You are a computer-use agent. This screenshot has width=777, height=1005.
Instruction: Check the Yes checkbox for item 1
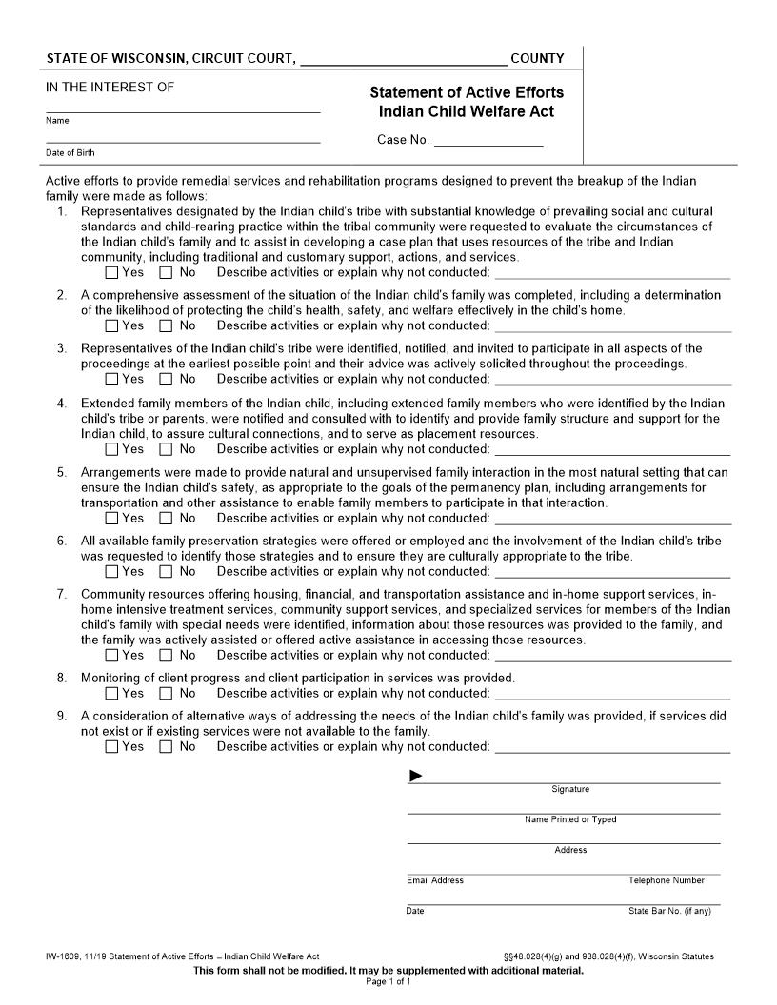pos(112,273)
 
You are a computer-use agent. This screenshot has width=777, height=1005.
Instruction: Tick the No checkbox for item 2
pos(167,326)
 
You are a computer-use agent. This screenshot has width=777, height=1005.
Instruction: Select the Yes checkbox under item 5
pos(112,519)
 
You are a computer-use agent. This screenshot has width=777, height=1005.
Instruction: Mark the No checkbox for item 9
pos(167,747)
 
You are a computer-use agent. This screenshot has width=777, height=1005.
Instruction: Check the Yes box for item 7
pos(112,656)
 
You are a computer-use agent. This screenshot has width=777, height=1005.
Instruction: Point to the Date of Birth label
pos(70,153)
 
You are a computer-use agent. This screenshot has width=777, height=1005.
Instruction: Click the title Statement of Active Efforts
pos(467,92)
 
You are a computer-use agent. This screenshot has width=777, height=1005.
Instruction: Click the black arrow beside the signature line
pos(416,777)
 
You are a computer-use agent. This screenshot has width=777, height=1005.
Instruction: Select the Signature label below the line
pos(570,789)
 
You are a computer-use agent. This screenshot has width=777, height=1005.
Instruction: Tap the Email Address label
pos(435,880)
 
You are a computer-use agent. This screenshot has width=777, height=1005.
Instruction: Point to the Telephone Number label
pos(667,880)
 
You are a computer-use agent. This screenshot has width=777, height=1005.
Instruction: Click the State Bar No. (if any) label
pos(669,911)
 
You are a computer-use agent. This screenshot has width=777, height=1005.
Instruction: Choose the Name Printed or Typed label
pos(570,819)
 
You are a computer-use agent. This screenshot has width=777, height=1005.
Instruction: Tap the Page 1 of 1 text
pos(388,981)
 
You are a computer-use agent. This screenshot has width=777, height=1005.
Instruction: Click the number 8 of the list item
pos(61,679)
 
